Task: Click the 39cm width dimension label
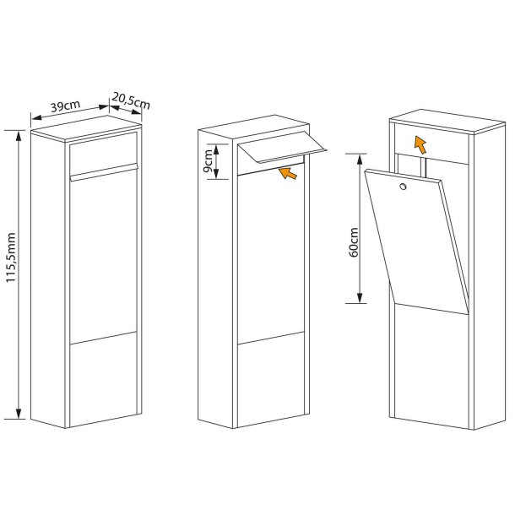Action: click(x=65, y=106)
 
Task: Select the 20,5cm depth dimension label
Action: click(x=131, y=100)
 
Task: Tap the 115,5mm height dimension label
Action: click(x=11, y=257)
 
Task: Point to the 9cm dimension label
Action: click(x=208, y=161)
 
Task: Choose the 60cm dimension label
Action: click(x=354, y=242)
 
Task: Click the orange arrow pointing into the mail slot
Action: click(x=288, y=173)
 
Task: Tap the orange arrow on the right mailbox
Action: click(x=420, y=145)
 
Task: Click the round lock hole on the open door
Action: click(x=403, y=187)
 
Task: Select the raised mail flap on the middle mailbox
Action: click(x=282, y=147)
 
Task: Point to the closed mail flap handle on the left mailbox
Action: click(x=104, y=172)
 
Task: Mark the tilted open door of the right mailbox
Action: click(x=416, y=241)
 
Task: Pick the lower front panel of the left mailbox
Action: click(x=104, y=379)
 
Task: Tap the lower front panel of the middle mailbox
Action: click(x=271, y=380)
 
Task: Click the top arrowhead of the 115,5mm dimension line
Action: click(x=19, y=135)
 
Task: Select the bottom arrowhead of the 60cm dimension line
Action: click(x=360, y=297)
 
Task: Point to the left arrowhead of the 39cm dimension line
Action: click(x=36, y=117)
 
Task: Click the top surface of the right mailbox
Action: click(x=447, y=122)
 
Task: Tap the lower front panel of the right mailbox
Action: click(x=431, y=366)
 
